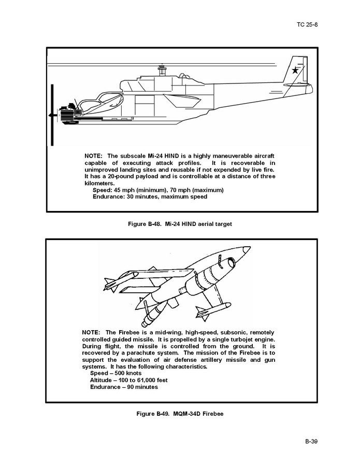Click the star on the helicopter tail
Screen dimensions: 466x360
295,70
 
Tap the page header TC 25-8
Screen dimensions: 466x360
307,24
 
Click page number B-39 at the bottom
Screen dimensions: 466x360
311,441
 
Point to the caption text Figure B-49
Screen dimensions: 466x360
153,414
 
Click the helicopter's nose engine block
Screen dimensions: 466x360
68,114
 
